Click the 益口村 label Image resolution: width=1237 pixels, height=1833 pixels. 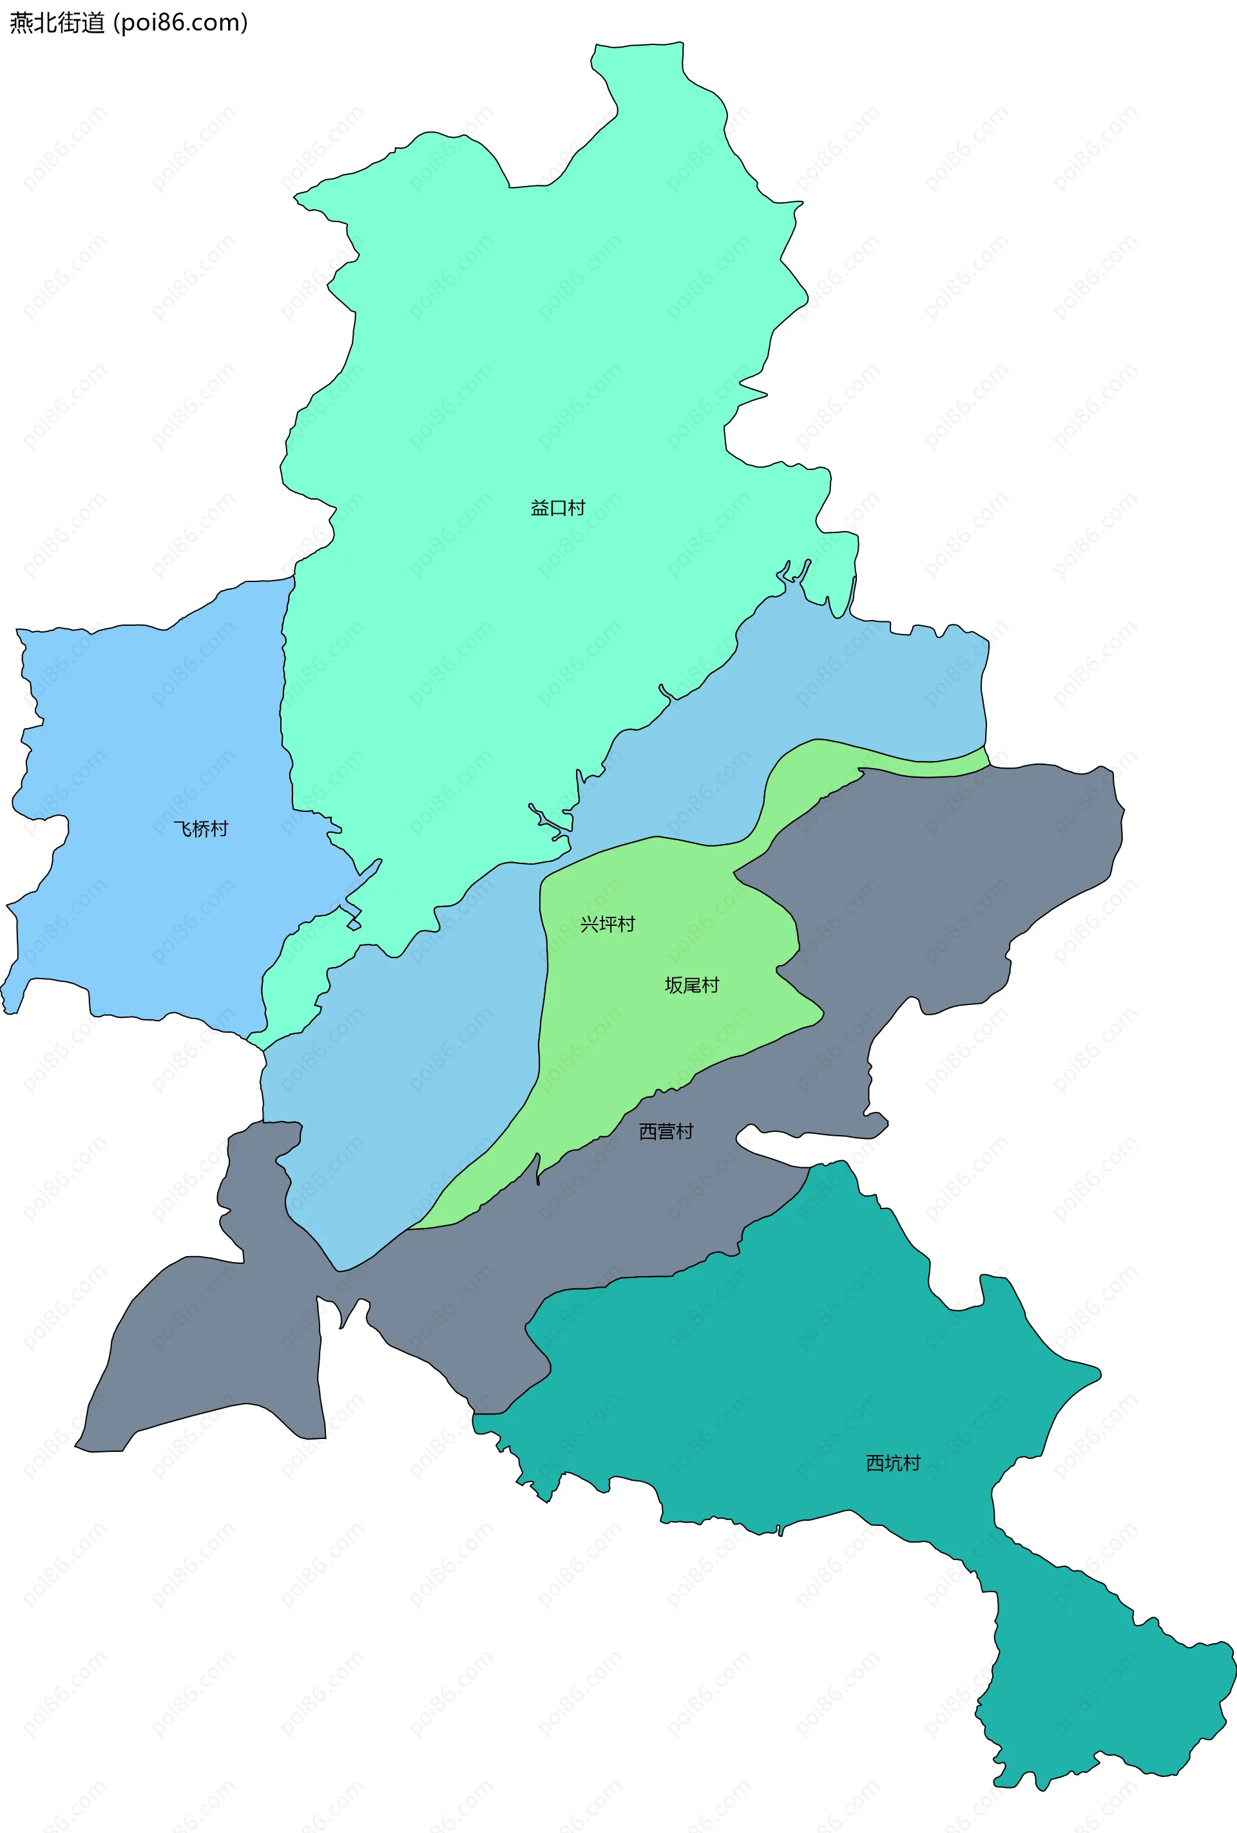pyautogui.click(x=558, y=508)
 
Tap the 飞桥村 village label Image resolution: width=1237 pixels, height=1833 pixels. pyautogui.click(x=200, y=829)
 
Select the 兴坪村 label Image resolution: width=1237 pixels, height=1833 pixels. pyautogui.click(x=608, y=924)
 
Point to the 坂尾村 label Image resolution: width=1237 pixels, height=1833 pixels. pyautogui.click(x=692, y=984)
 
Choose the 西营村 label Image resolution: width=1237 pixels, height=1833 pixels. pyautogui.click(x=666, y=1131)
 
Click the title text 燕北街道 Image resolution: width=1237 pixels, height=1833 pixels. pyautogui.click(x=57, y=22)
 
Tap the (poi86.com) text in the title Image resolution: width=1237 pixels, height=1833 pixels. pyautogui.click(x=180, y=22)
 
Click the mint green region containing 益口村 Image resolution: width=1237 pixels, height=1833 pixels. pyautogui.click(x=537, y=355)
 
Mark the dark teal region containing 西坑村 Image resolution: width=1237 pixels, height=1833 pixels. pyautogui.click(x=789, y=1380)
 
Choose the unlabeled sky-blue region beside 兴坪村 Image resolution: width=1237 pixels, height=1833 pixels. pyautogui.click(x=410, y=1064)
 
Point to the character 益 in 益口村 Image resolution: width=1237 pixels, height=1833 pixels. pyautogui.click(x=540, y=508)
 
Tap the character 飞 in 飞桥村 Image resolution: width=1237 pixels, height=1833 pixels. pyautogui.click(x=182, y=829)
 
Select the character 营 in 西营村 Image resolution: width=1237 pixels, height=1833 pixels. pyautogui.click(x=666, y=1131)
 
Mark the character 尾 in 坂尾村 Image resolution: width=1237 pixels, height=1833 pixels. pyautogui.click(x=692, y=984)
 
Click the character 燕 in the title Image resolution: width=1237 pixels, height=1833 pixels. pyautogui.click(x=21, y=22)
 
